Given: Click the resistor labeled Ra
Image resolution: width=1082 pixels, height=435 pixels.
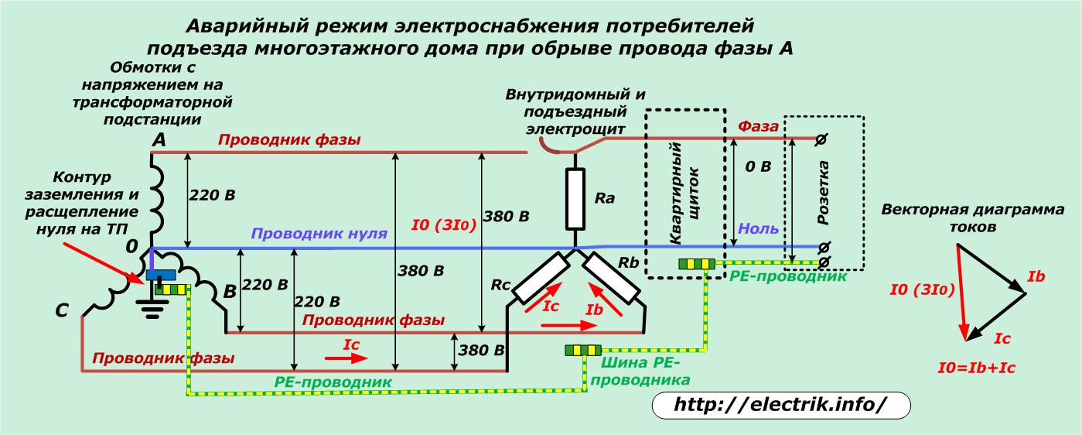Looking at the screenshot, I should click(574, 198).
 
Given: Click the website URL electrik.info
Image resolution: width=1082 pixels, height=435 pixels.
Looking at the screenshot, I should click(780, 404).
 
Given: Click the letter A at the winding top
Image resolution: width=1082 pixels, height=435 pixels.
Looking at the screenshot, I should click(159, 140).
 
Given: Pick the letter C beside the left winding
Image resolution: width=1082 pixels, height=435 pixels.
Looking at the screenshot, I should click(63, 310).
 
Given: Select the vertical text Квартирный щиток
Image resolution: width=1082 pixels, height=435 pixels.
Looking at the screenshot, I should click(687, 194).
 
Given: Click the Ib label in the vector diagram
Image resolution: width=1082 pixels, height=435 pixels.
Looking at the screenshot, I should click(1036, 276).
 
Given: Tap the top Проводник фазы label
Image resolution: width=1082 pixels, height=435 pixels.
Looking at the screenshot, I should click(288, 140).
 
